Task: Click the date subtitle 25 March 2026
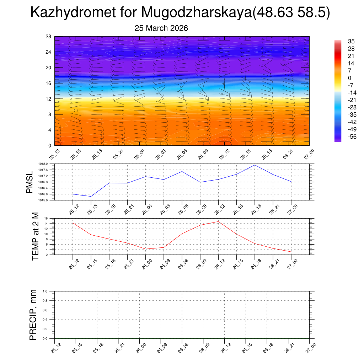pos(161,28)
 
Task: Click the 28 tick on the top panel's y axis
pos(49,37)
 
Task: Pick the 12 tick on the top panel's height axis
pos(49,99)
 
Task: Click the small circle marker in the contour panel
pos(76,111)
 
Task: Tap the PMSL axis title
pos(30,182)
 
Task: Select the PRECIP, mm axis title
pos(33,315)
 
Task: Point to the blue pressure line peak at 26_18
pos(255,165)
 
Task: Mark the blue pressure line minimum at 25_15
pos(91,196)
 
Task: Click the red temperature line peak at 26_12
pos(218,221)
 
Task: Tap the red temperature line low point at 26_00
pos(146,249)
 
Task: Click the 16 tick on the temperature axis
pos(46,219)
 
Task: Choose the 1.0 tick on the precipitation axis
pos(45,291)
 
